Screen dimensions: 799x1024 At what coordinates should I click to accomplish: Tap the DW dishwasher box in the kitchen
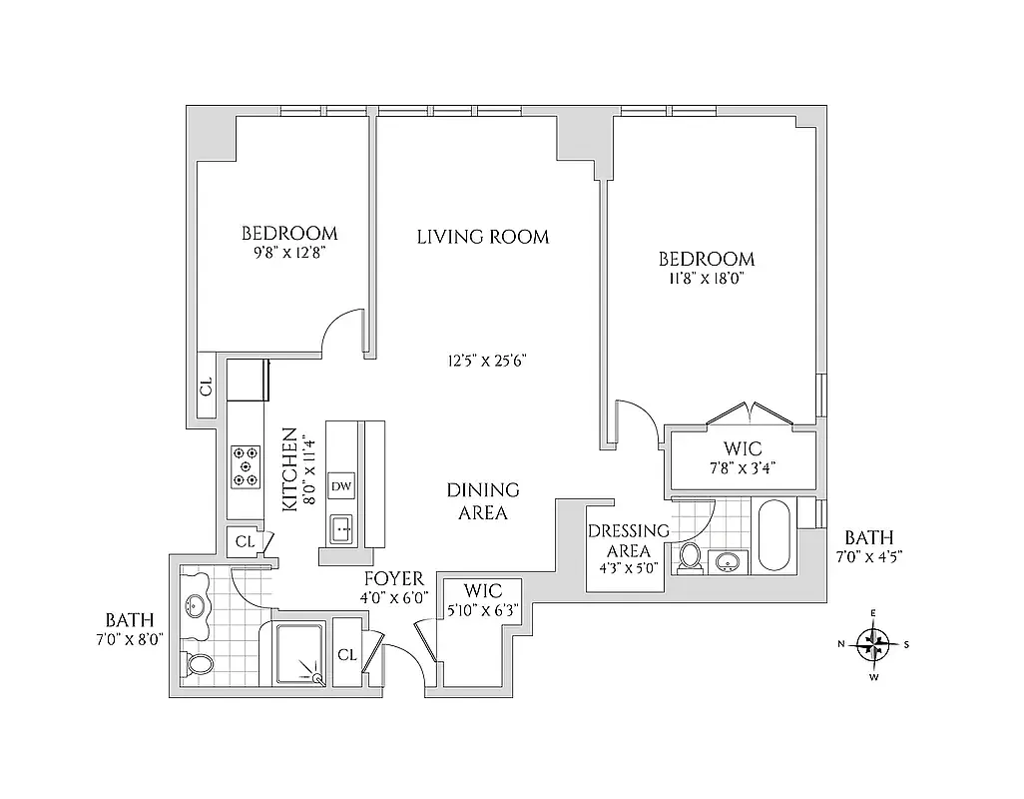click(x=340, y=486)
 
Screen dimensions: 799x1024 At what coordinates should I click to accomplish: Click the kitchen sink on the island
click(x=340, y=526)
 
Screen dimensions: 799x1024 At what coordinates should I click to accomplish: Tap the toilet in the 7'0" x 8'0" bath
click(x=198, y=664)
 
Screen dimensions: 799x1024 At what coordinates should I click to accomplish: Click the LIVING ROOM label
click(x=482, y=237)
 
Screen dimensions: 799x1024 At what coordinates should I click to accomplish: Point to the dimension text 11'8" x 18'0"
click(x=702, y=281)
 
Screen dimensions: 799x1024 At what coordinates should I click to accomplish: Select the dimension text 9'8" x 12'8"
click(x=289, y=253)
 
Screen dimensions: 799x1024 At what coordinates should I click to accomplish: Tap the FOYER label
click(x=393, y=579)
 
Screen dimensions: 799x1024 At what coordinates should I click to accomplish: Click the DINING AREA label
click(x=483, y=501)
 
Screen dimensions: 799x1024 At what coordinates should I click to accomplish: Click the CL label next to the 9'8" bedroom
click(x=207, y=387)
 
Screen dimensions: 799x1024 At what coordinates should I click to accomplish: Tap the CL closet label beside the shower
click(x=346, y=655)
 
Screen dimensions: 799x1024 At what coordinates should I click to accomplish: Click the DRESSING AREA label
click(x=627, y=540)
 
